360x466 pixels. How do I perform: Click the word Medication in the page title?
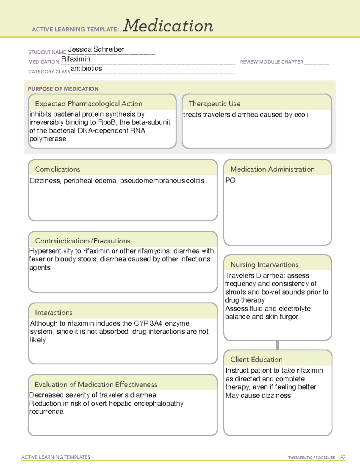168,26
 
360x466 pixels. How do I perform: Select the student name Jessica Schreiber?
96,50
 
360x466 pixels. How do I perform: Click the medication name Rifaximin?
76,59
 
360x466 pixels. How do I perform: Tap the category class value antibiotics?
86,69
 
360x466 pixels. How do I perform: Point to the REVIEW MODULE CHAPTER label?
271,62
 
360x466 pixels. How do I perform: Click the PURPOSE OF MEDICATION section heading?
63,89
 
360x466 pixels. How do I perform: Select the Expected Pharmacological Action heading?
88,104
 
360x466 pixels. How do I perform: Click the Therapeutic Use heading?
214,104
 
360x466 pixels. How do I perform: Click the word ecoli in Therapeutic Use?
301,115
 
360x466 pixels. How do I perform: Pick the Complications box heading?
58,170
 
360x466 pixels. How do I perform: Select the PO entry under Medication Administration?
230,180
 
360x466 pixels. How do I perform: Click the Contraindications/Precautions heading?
82,241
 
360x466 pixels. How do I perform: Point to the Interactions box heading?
54,313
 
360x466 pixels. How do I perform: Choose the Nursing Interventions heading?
264,265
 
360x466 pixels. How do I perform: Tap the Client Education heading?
256,359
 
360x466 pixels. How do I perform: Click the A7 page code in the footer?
343,457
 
